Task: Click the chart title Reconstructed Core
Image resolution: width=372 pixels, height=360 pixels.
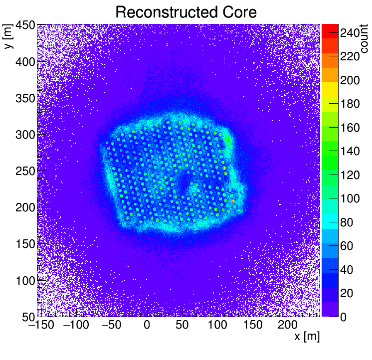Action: pos(186,12)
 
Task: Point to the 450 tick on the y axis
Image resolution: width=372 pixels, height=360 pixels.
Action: pos(25,25)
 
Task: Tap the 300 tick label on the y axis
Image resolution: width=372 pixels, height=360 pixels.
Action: pos(25,135)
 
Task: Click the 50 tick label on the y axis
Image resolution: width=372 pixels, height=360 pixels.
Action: pos(28,316)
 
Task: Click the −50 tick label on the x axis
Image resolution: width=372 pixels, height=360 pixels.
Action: pos(111,326)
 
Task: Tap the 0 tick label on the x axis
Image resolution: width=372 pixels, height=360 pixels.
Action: pos(147,326)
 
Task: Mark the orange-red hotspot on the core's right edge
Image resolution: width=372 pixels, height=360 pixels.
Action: pos(233,201)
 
